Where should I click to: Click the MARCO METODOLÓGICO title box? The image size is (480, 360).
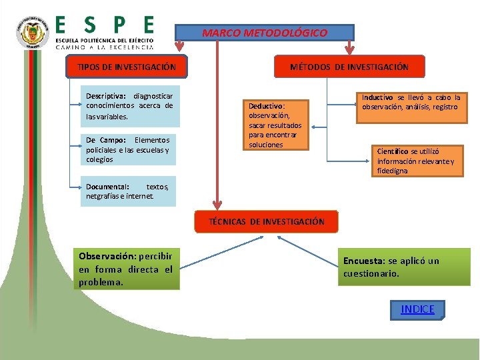pos(264,33)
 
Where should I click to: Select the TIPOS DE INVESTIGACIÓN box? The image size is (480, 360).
pos(127,67)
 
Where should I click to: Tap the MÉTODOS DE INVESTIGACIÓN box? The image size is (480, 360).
pos(349,67)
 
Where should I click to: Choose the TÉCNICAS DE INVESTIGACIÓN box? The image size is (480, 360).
pos(267,221)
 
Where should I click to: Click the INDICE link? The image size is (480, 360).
pos(417,309)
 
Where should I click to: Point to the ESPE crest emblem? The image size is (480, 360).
pos(32,33)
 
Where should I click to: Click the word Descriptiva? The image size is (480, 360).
pos(107,96)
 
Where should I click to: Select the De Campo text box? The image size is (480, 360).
pos(127,149)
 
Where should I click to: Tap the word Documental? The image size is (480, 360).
pos(107,187)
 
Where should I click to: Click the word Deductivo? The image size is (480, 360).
pos(266,106)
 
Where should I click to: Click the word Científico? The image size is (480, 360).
pos(393,151)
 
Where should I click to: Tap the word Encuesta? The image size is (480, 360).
pos(364,261)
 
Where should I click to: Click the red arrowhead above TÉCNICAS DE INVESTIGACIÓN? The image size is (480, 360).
pos(215,203)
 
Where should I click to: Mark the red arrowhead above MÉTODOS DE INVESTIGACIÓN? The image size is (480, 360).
pos(349,49)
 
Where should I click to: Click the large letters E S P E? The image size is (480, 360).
pos(104,25)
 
